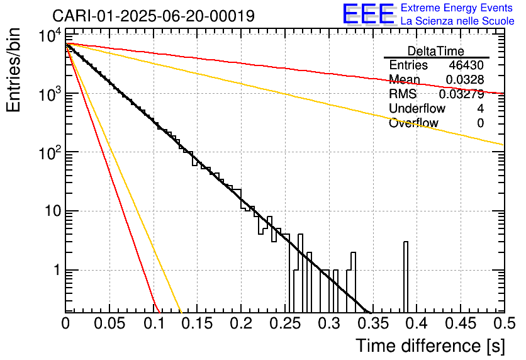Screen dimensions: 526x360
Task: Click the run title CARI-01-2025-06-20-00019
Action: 154,16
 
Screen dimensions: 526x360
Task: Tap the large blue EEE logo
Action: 369,14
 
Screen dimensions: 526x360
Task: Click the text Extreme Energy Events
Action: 457,8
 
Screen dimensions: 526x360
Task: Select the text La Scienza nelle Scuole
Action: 457,21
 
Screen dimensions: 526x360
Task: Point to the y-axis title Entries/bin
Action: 13,70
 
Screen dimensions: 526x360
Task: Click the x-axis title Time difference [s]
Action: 430,346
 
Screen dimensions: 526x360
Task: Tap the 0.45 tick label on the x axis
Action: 461,323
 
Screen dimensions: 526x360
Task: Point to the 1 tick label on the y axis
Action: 58,270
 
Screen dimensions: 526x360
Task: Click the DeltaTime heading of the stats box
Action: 436,51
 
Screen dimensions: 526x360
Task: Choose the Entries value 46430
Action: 466,65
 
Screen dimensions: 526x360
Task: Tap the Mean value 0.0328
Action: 465,79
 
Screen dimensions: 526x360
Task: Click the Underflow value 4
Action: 480,108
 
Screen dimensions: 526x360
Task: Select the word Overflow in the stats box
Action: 413,123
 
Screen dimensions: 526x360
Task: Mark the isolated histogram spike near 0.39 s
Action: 406,277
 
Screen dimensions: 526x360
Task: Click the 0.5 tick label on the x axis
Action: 504,323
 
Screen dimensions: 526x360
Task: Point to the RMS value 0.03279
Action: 462,94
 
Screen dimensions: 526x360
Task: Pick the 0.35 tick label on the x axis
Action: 373,323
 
